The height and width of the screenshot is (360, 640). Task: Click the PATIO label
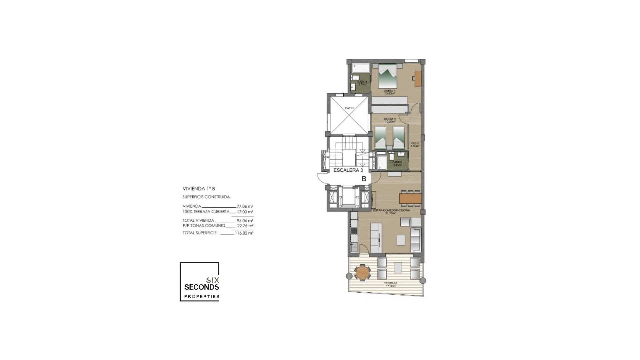click(349, 108)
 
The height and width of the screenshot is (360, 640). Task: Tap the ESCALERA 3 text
click(348, 170)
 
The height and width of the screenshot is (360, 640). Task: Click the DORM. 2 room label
click(390, 120)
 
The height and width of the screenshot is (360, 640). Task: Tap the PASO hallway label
click(415, 144)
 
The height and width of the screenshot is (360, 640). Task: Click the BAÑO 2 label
click(397, 163)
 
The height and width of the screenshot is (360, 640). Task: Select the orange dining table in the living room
click(410, 199)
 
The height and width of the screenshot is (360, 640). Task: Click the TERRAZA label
click(391, 285)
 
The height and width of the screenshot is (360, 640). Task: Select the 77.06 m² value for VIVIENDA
click(245, 206)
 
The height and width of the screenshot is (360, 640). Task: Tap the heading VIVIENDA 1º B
click(199, 188)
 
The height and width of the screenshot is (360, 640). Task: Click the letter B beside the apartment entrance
click(364, 179)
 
